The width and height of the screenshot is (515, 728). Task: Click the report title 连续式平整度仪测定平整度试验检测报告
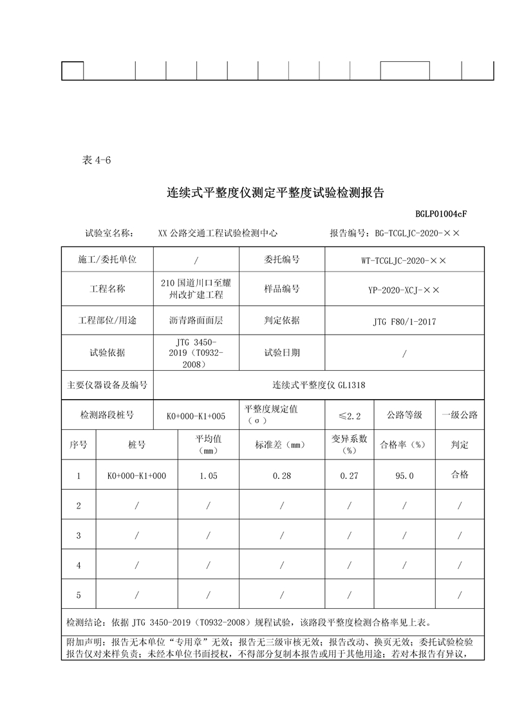276,192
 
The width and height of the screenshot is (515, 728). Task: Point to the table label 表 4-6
97,161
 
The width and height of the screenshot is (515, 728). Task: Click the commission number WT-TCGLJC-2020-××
404,260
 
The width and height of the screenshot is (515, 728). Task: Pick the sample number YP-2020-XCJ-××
404,290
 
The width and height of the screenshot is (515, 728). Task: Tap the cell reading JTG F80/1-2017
404,321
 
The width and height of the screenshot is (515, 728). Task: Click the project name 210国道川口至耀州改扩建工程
196,289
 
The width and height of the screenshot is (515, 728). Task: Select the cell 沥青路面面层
196,320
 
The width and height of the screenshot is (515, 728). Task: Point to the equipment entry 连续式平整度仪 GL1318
319,385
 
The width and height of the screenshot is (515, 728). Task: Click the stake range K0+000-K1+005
196,416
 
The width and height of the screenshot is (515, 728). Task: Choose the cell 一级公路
460,415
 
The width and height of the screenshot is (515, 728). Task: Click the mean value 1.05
209,476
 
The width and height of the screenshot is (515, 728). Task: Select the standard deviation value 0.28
282,476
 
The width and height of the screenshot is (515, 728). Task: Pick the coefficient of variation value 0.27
349,476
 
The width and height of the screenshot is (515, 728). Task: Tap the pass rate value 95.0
404,476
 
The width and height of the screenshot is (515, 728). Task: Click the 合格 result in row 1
460,474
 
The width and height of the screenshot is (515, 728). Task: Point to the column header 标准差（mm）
282,445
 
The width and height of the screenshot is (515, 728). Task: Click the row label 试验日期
282,353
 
